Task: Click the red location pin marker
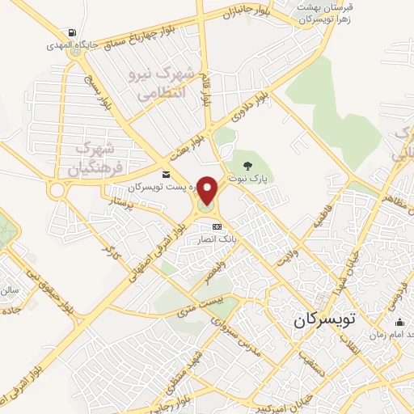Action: (x=208, y=191)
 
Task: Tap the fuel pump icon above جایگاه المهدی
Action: (x=74, y=33)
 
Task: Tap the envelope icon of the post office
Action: (x=166, y=174)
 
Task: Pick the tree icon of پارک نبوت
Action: (x=247, y=165)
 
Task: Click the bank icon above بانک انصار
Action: (x=216, y=227)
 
